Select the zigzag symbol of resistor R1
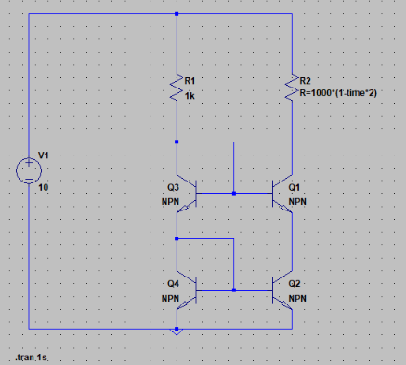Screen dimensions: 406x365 177,88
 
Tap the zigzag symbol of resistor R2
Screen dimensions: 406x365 292,88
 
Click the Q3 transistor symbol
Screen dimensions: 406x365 187,194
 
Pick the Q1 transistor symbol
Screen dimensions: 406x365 282,194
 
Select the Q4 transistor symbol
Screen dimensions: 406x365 187,291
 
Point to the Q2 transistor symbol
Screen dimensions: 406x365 282,291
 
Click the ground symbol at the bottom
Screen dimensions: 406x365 177,331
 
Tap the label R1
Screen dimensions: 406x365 190,81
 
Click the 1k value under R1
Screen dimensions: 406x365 190,96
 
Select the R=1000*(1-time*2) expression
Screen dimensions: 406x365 338,93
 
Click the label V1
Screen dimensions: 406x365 44,155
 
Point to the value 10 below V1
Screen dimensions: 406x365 44,187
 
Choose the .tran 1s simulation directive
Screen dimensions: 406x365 32,358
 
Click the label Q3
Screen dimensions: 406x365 173,187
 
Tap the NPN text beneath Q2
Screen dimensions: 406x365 297,299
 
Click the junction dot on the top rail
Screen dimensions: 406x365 177,14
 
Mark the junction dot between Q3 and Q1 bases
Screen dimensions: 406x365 234,194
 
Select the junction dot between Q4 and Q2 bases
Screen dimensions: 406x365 234,291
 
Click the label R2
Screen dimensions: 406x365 305,81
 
